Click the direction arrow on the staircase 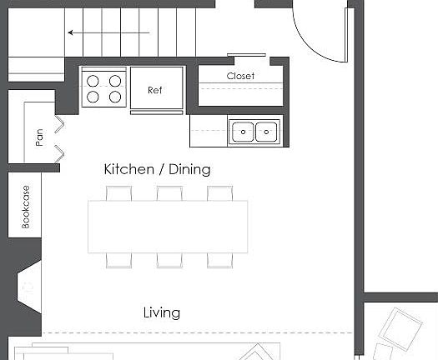[x=108, y=33]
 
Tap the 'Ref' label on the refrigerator [x=155, y=90]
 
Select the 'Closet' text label [x=240, y=76]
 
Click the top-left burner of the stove [x=93, y=82]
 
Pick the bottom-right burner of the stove [x=114, y=97]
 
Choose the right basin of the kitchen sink [x=266, y=131]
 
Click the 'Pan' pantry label [x=39, y=137]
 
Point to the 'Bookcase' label [x=26, y=206]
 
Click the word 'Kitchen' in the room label [x=128, y=169]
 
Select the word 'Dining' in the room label [x=189, y=169]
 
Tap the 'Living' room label [x=161, y=313]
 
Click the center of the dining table [x=169, y=226]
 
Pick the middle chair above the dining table [x=169, y=193]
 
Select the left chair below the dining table [x=118, y=259]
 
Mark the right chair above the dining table [x=219, y=193]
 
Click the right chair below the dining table [x=219, y=259]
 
